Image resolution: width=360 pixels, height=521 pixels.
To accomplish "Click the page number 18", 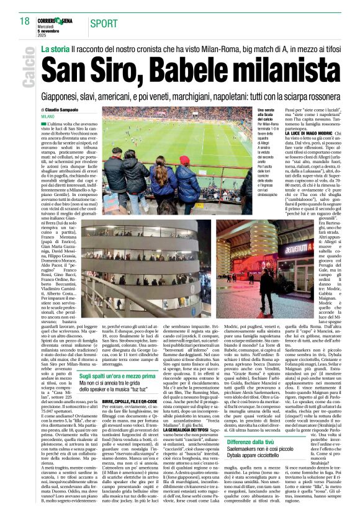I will click(24, 21).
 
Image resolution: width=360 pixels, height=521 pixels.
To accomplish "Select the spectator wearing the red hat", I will click(184, 163).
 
